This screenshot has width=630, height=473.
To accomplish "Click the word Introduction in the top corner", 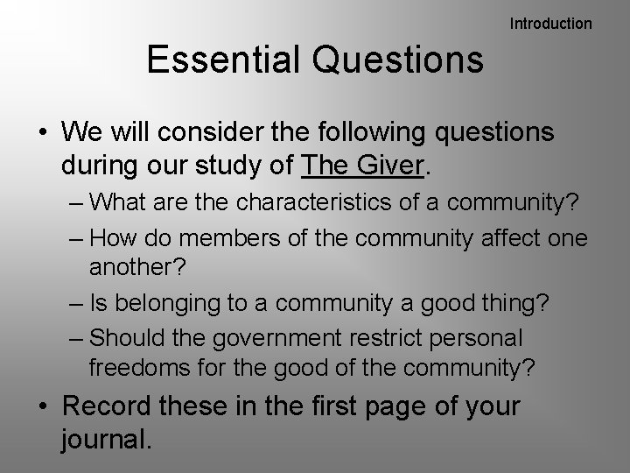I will point(550,24).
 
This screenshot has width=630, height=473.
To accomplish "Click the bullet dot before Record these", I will point(42,408).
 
